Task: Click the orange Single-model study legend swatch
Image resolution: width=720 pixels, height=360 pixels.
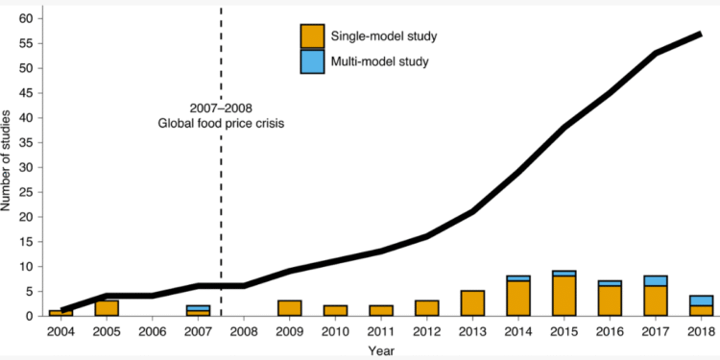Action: coord(313,36)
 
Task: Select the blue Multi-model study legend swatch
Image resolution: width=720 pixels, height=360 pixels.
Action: coord(313,61)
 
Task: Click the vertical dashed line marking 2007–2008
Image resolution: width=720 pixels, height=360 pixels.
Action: coord(222,192)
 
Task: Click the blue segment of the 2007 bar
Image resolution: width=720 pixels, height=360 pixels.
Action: coord(199,307)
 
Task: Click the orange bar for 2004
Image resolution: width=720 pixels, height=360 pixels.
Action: coord(60,313)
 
